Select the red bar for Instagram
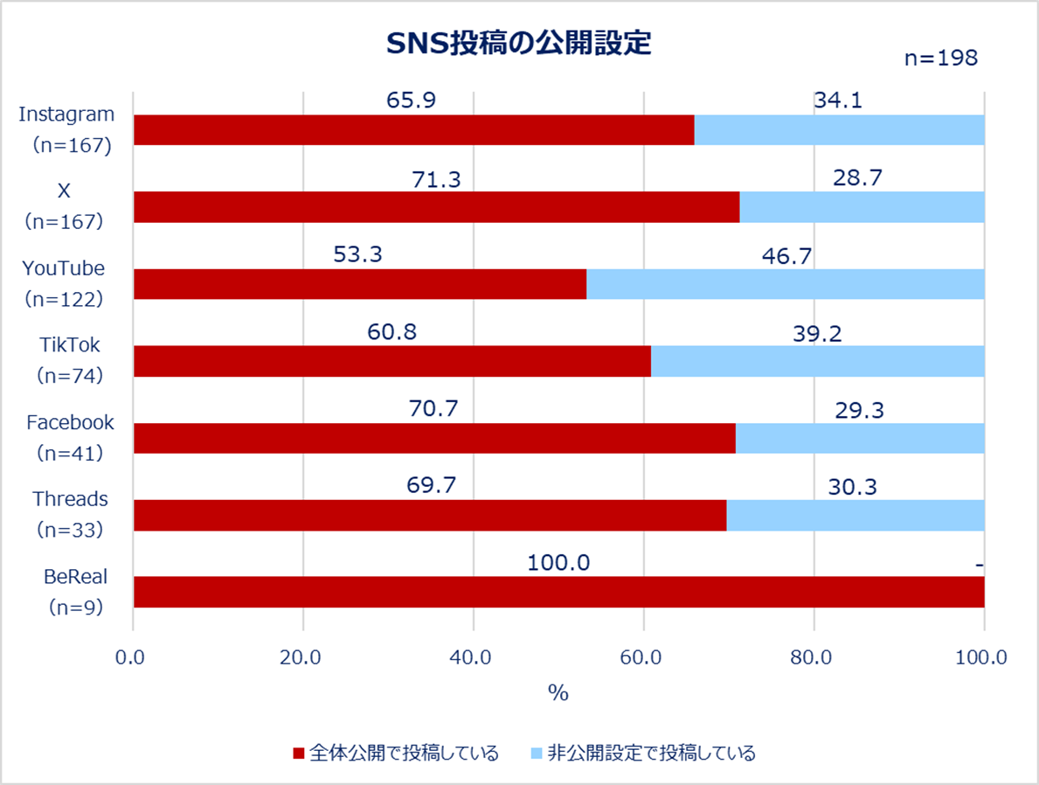click(413, 130)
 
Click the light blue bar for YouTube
click(785, 284)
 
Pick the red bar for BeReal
click(558, 592)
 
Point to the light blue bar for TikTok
click(817, 361)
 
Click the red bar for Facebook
click(434, 438)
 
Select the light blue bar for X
click(862, 207)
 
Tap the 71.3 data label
click(436, 179)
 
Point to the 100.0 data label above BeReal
click(558, 563)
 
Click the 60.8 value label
click(391, 333)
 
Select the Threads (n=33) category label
click(70, 514)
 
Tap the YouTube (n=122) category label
click(63, 283)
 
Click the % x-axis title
click(558, 693)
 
